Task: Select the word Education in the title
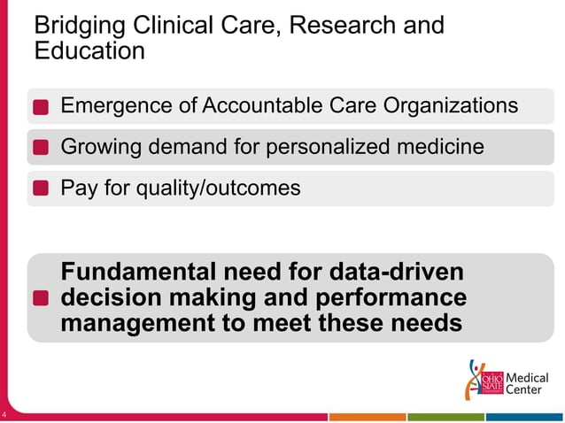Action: click(89, 51)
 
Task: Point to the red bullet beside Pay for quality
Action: click(41, 188)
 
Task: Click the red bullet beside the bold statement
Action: click(41, 298)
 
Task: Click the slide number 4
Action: click(4, 416)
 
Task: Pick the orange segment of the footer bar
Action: click(367, 417)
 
